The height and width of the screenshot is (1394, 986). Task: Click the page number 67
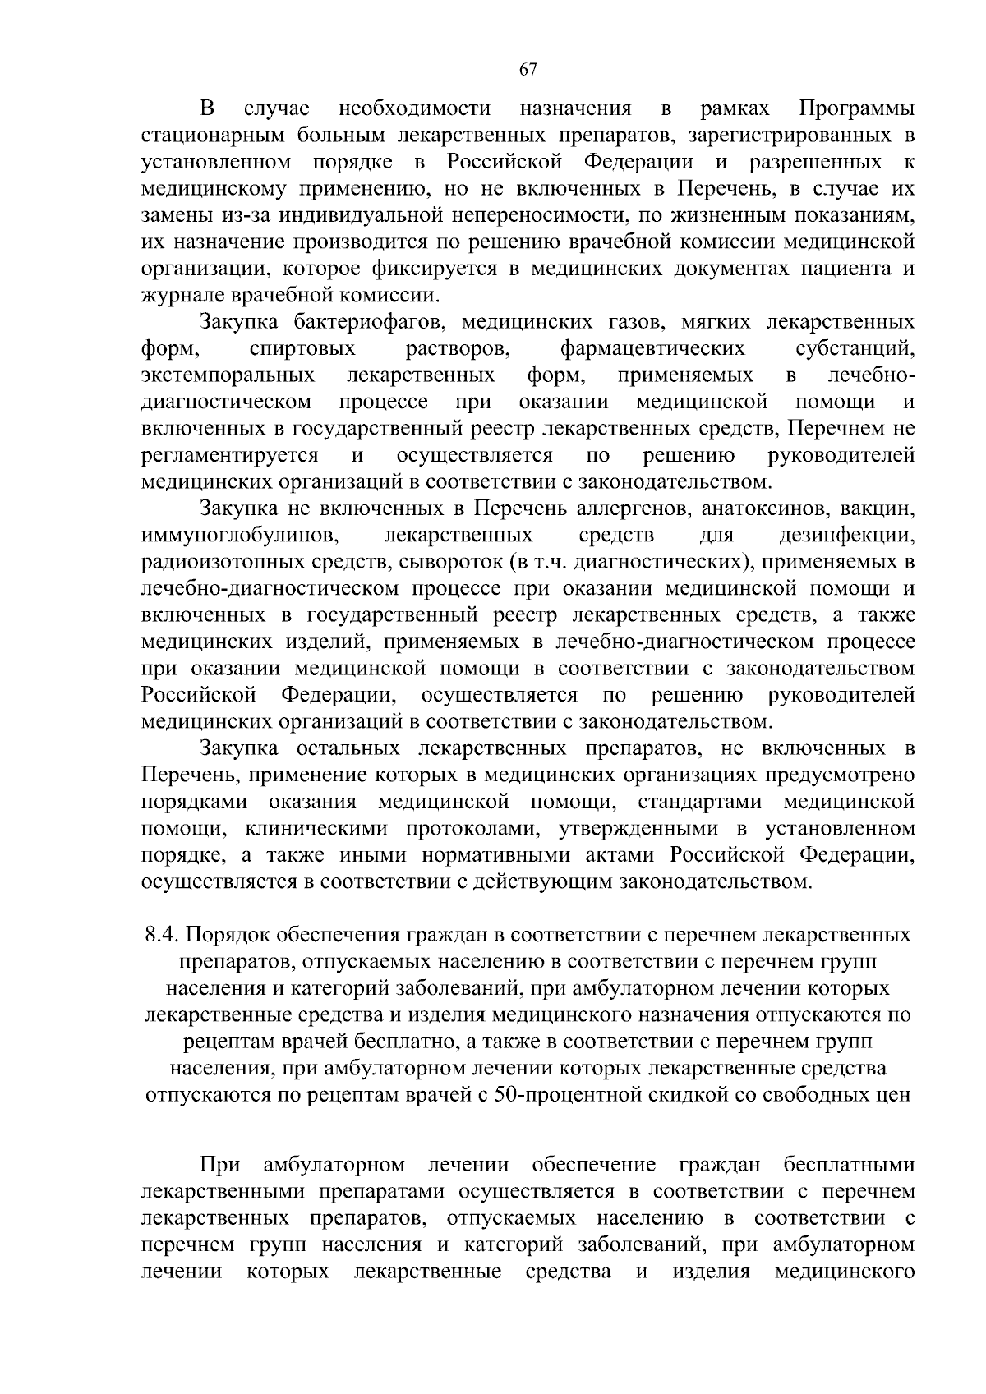point(528,70)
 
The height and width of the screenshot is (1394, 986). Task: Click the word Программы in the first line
point(857,108)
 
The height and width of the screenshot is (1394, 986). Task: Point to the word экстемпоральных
point(228,375)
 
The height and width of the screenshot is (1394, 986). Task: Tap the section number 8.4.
point(161,936)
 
